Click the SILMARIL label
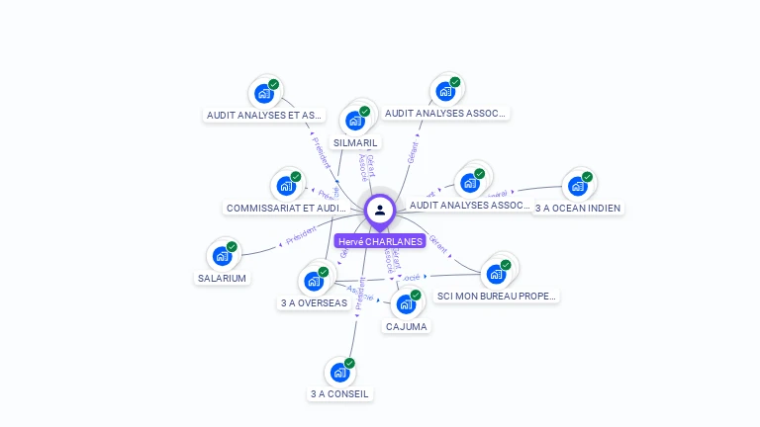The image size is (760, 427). pyautogui.click(x=356, y=142)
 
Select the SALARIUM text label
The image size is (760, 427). pyautogui.click(x=222, y=278)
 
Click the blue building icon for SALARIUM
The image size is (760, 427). pyautogui.click(x=222, y=256)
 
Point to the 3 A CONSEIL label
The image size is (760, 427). pyautogui.click(x=339, y=393)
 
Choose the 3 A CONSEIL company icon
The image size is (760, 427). pyautogui.click(x=339, y=373)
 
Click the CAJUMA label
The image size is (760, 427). pyautogui.click(x=407, y=326)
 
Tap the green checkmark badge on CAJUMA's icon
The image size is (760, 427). pyautogui.click(x=416, y=295)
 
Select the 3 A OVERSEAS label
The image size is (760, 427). pyautogui.click(x=314, y=302)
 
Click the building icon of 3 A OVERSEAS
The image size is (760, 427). pyautogui.click(x=314, y=281)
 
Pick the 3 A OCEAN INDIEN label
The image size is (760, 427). pyautogui.click(x=578, y=208)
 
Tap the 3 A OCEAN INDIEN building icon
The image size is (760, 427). pyautogui.click(x=577, y=186)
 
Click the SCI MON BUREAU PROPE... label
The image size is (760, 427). pyautogui.click(x=497, y=296)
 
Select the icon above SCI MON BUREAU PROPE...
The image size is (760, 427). pyautogui.click(x=496, y=274)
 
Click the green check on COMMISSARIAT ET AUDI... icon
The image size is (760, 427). pyautogui.click(x=295, y=177)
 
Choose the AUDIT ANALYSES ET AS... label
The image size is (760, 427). pyautogui.click(x=263, y=115)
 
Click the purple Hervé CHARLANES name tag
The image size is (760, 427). pyautogui.click(x=380, y=241)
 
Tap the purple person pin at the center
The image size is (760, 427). pyautogui.click(x=380, y=211)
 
